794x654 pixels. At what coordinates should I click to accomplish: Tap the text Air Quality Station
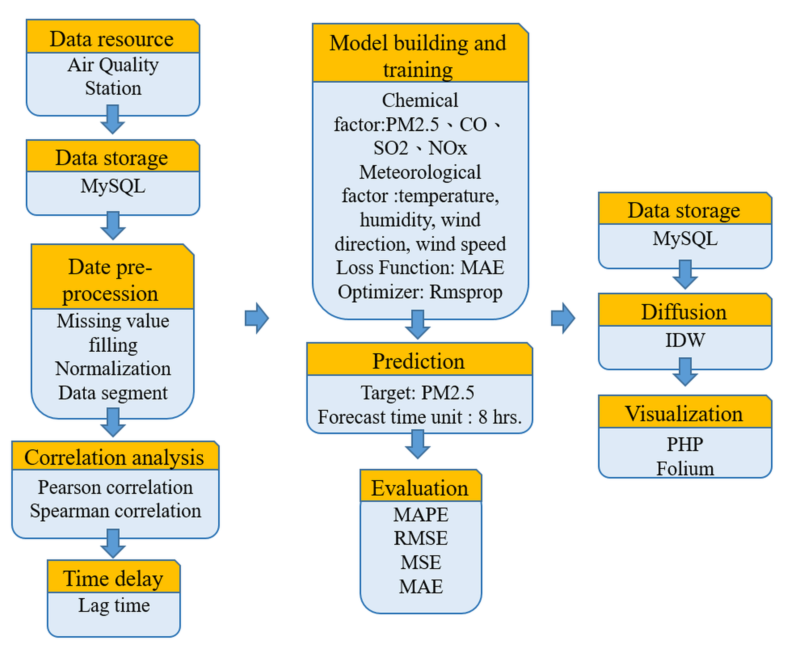pos(113,76)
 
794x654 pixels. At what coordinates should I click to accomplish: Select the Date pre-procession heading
pos(110,280)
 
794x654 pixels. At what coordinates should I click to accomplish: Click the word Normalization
pos(113,369)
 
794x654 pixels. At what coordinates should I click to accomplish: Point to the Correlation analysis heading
pos(114,457)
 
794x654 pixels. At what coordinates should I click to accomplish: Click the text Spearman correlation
pos(115,511)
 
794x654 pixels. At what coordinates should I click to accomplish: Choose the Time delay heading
pos(113,579)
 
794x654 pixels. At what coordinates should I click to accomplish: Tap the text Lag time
pos(114,605)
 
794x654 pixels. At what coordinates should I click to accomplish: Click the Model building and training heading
pos(418,56)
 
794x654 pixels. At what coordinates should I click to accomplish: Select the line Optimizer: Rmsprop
pos(420,292)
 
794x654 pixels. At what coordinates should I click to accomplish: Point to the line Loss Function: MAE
pos(420,268)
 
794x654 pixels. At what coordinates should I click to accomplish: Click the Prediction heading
pos(418,361)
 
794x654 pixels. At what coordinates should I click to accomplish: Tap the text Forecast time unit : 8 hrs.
pos(419,417)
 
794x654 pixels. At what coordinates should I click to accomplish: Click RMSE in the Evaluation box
pos(420,538)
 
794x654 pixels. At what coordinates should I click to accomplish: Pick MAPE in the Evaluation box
pos(420,515)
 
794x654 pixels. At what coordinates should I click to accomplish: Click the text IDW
pos(685,340)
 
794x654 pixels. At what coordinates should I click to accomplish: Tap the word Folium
pos(685,469)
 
